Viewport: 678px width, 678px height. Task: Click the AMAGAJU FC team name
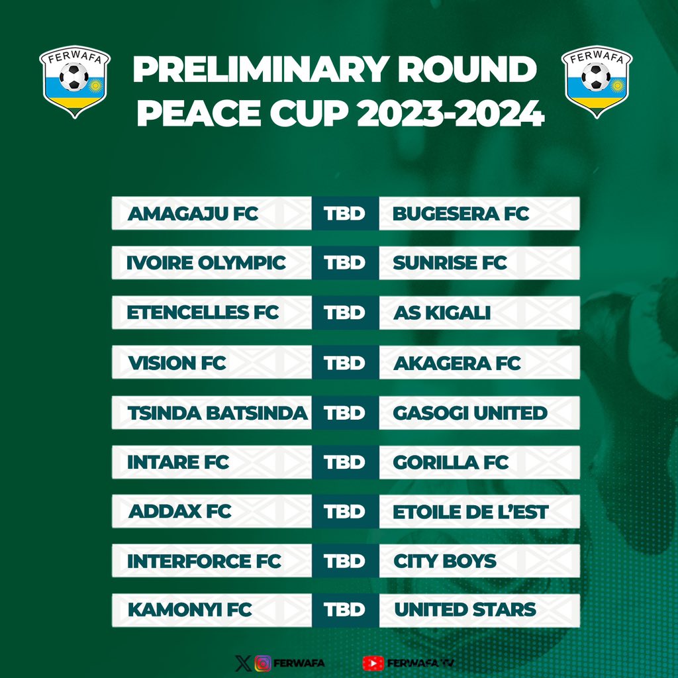coord(193,214)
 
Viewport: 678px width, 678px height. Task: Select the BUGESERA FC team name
coord(461,214)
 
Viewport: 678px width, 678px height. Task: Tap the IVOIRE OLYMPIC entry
coord(206,263)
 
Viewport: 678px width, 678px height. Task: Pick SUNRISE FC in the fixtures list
coord(450,263)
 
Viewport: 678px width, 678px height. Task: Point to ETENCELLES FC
coord(203,313)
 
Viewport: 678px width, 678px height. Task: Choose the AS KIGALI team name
coord(442,313)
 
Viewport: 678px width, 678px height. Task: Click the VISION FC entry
coord(177,363)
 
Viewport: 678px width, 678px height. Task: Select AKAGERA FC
coord(457,363)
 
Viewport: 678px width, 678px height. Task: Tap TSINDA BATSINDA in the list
coord(217,412)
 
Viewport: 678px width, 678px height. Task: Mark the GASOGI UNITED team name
coord(470,412)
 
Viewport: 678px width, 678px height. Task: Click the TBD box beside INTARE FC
coord(345,462)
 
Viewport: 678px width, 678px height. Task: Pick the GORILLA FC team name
coord(451,462)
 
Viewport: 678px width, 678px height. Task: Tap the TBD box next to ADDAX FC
coord(345,512)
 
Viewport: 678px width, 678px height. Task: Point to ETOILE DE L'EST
coord(471,512)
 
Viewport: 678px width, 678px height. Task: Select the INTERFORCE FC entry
coord(204,561)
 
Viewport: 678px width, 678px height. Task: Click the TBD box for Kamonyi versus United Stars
coord(345,610)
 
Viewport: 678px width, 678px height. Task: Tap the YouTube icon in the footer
coord(373,663)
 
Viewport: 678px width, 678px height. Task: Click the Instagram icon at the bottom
coord(263,663)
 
